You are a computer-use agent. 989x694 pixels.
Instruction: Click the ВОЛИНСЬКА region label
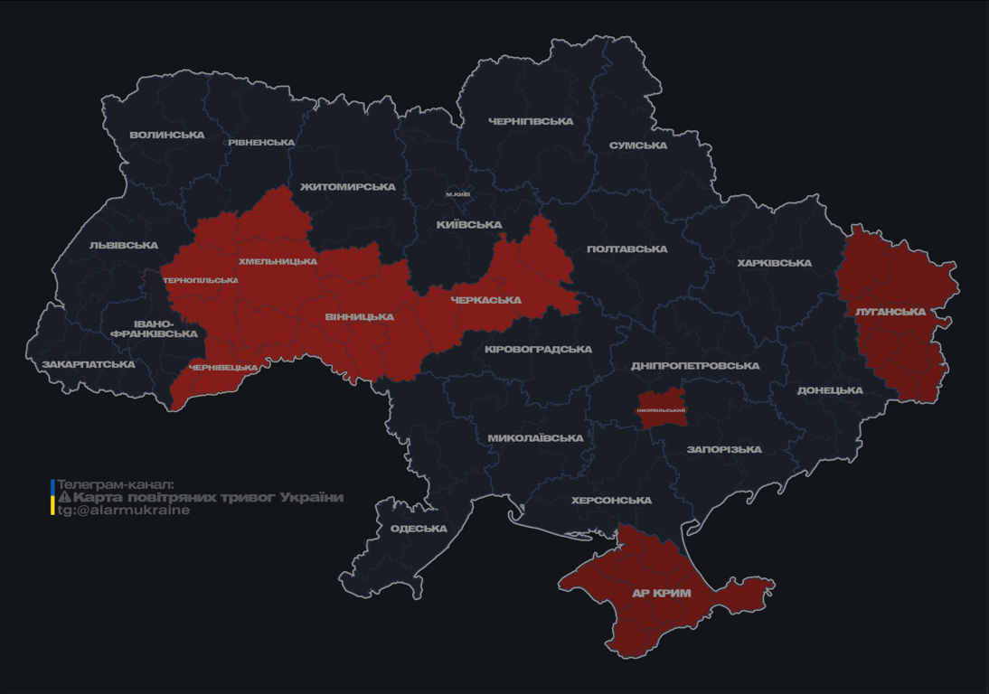point(167,136)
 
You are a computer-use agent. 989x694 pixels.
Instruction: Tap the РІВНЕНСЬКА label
point(261,143)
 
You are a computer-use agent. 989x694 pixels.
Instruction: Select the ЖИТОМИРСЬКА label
point(347,187)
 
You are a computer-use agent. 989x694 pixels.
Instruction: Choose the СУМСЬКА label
point(638,145)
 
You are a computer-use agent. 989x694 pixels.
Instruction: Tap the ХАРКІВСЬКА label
point(774,263)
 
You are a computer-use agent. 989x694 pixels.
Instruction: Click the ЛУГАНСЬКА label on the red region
point(890,312)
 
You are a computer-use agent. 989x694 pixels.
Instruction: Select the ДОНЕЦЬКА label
point(830,390)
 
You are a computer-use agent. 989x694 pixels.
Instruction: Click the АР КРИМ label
point(661,594)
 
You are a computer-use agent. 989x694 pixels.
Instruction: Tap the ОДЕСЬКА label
point(419,529)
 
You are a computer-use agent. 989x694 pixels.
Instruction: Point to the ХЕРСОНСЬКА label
point(611,501)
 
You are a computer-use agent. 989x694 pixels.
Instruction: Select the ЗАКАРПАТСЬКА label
point(89,365)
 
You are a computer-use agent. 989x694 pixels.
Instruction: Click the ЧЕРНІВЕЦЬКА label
point(223,368)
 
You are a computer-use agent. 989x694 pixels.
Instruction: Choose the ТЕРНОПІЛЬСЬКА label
point(201,280)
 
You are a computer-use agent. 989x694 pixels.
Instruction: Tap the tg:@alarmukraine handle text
point(124,511)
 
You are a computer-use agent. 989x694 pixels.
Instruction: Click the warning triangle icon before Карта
point(64,497)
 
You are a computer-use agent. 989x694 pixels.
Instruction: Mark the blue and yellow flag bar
point(52,497)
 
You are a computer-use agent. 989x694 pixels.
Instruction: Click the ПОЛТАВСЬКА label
point(626,249)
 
